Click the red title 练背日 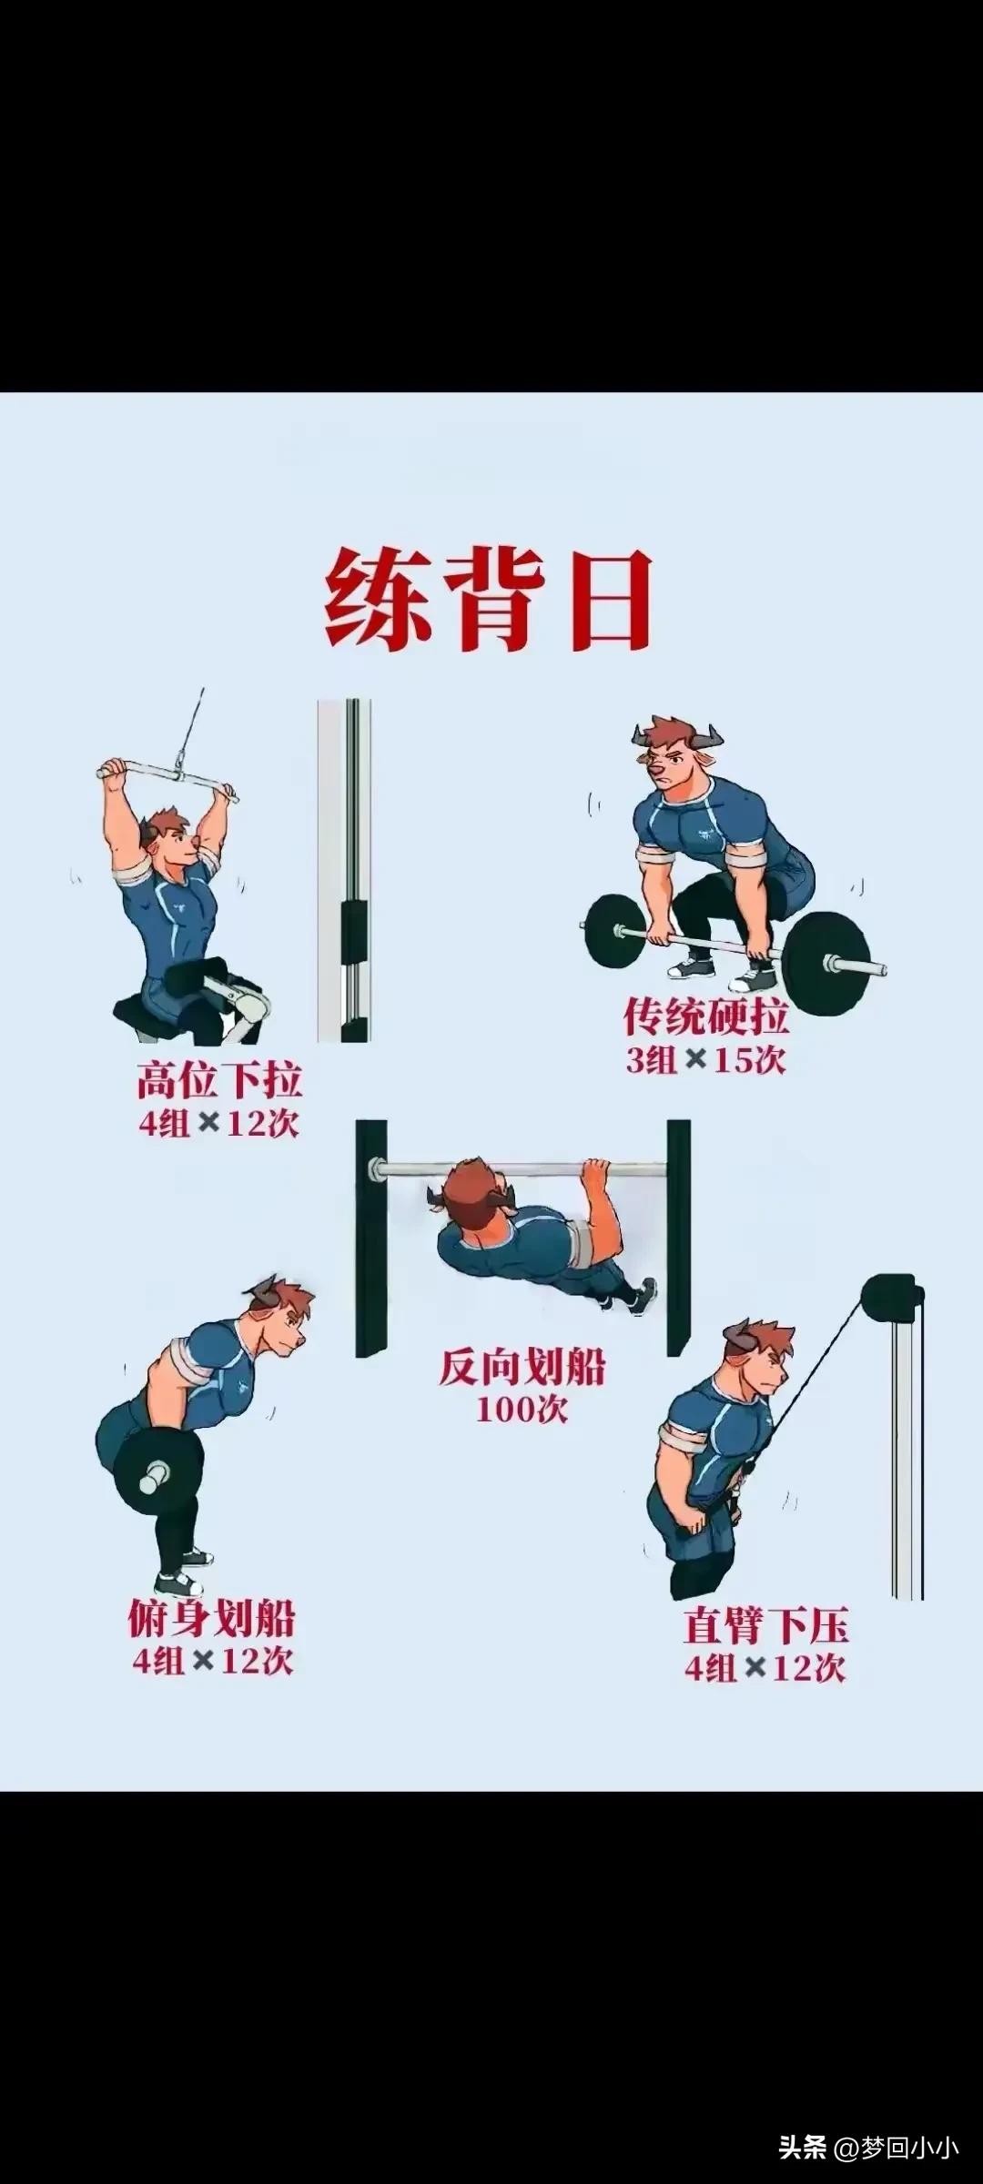[490, 598]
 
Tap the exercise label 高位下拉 [219, 1079]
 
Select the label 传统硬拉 [705, 1016]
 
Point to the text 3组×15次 [705, 1060]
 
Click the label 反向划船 [522, 1366]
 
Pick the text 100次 [522, 1410]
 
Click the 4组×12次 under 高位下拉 [218, 1124]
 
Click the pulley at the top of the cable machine [890, 1293]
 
